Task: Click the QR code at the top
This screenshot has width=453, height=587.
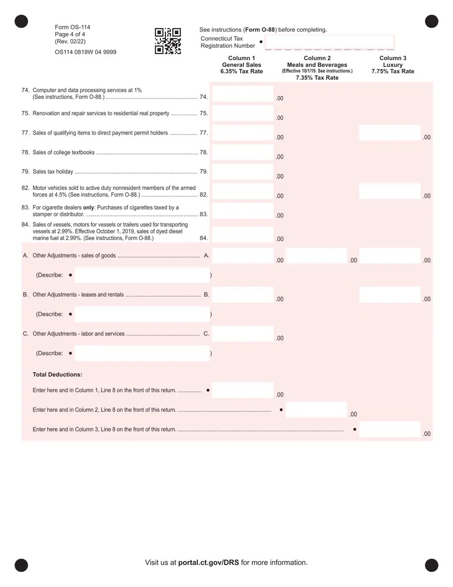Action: pos(168,41)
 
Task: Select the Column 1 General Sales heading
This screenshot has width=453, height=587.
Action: pos(242,64)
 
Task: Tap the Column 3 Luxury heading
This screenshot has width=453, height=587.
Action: pos(392,64)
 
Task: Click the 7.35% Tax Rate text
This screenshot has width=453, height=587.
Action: pos(317,78)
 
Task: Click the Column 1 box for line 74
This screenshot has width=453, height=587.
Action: pos(243,94)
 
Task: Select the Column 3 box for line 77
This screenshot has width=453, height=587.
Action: pos(390,133)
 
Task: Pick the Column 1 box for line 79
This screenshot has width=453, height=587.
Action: pos(243,172)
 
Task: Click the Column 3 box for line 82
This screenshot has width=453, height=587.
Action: pos(390,191)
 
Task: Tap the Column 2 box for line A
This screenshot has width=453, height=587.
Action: pos(316,256)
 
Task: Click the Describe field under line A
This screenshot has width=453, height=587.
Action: pos(142,275)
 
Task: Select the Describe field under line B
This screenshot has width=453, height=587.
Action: pos(142,314)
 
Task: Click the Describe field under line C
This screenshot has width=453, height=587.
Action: pos(142,354)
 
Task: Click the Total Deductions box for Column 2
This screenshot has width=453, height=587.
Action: pos(316,410)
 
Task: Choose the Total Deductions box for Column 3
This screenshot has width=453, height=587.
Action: pos(390,430)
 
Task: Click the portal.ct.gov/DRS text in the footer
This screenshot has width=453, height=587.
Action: pos(209,563)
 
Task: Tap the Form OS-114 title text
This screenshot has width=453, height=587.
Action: pos(73,27)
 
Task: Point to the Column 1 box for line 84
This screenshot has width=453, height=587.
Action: pos(243,234)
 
